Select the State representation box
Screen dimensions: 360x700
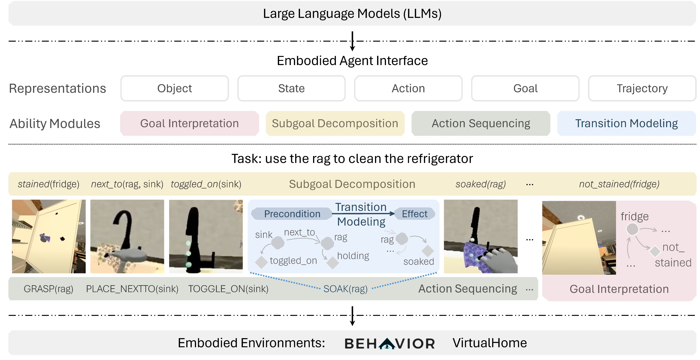tap(291, 88)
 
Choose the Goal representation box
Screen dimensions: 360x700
tap(525, 88)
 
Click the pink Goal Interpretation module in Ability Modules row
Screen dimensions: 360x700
tap(189, 123)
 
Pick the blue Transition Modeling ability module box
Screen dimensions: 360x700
tap(626, 123)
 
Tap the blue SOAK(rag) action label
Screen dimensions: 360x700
tap(345, 289)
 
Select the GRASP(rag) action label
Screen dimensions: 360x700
tap(48, 289)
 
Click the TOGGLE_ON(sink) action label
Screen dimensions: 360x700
tap(228, 289)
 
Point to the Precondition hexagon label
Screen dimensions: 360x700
tap(292, 214)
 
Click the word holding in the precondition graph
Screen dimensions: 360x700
tap(353, 256)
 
